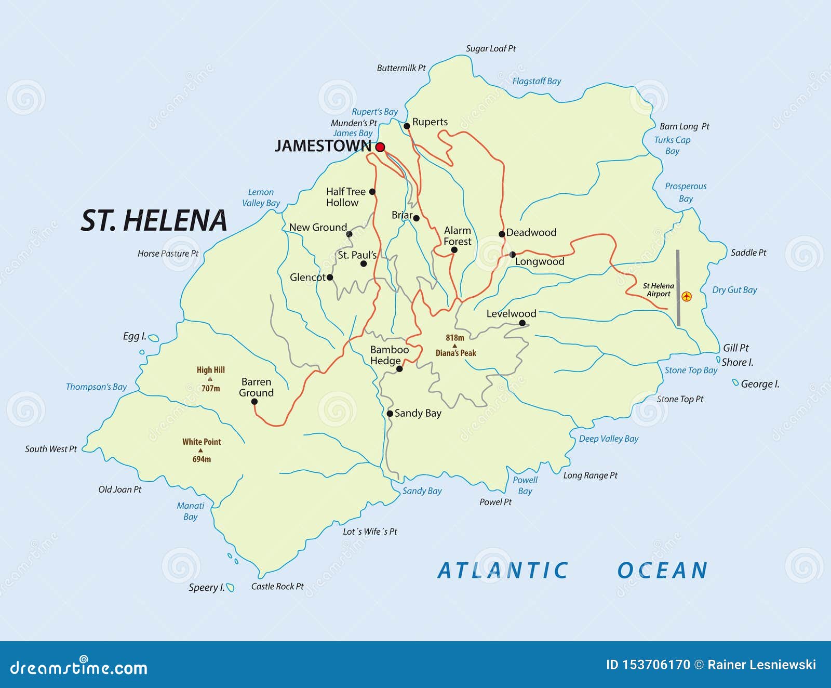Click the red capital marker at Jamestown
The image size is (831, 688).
click(x=380, y=147)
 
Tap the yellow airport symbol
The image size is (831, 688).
click(x=687, y=297)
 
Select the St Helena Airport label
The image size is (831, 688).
click(x=658, y=290)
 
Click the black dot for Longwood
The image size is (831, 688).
click(x=512, y=255)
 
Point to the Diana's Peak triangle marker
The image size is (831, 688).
click(x=454, y=346)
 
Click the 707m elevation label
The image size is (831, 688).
click(x=210, y=388)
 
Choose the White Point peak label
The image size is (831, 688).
click(x=202, y=442)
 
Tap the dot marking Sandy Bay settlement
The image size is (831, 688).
click(x=390, y=414)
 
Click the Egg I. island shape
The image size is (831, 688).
click(x=153, y=338)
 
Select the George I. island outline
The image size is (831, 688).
click(x=735, y=383)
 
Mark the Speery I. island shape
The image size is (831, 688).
click(x=231, y=588)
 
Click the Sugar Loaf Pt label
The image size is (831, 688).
click(x=491, y=48)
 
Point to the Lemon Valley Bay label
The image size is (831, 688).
click(x=261, y=197)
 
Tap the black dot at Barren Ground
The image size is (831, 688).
click(x=254, y=402)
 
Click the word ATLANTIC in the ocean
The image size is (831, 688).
click(x=503, y=571)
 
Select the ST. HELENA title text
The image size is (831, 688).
click(x=154, y=220)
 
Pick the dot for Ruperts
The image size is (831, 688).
click(x=407, y=126)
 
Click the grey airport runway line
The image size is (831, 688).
click(x=678, y=288)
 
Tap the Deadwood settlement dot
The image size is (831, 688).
click(x=502, y=234)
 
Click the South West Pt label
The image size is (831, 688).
click(x=51, y=449)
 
